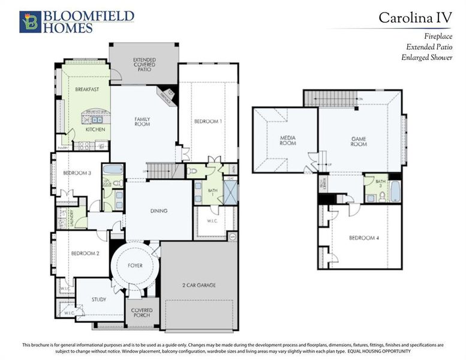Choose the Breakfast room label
(86, 89)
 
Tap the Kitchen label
(95, 129)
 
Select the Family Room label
(142, 122)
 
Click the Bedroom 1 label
(208, 122)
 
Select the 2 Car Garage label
(199, 285)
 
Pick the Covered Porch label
(142, 313)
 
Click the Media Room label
(288, 141)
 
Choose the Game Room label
(359, 141)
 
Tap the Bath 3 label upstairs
(380, 184)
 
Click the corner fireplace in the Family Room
(166, 94)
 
